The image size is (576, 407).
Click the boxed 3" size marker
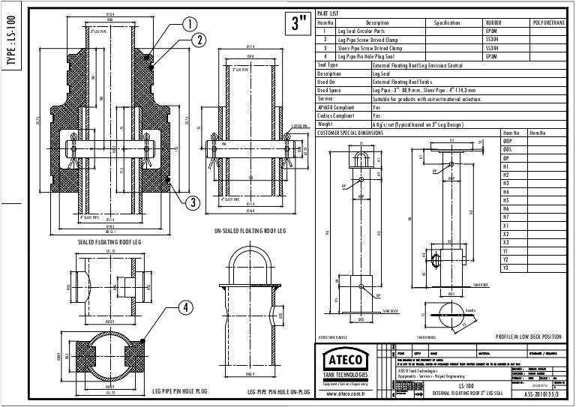click(299, 24)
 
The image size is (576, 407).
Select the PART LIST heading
click(328, 14)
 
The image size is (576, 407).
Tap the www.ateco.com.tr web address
click(343, 392)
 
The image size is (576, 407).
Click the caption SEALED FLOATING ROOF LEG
click(110, 243)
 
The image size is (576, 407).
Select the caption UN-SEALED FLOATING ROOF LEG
click(250, 232)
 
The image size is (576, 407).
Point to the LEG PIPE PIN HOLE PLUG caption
click(179, 392)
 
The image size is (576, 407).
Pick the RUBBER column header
click(494, 23)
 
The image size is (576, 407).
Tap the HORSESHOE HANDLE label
click(334, 337)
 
